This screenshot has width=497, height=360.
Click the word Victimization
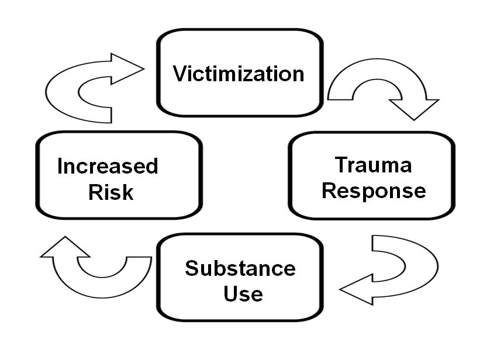pyautogui.click(x=239, y=74)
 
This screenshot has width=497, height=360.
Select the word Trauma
pyautogui.click(x=373, y=165)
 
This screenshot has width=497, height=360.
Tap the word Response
pyautogui.click(x=374, y=191)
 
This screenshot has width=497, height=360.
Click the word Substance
pyautogui.click(x=240, y=269)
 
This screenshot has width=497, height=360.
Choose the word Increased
pyautogui.click(x=108, y=167)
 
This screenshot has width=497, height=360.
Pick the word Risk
pyautogui.click(x=111, y=192)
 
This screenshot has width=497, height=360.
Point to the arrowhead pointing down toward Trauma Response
pyautogui.click(x=414, y=109)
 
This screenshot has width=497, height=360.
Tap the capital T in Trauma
pyautogui.click(x=341, y=165)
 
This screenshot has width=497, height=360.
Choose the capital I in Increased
pyautogui.click(x=60, y=167)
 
